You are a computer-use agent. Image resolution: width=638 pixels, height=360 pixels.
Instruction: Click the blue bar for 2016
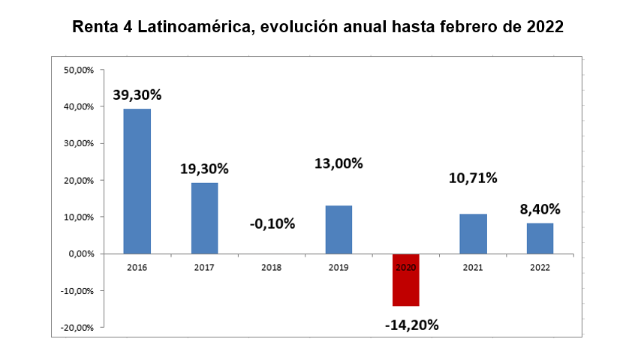[137, 181]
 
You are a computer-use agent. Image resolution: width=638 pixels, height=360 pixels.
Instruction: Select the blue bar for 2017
[204, 218]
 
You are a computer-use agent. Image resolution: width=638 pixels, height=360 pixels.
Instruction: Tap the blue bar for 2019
[339, 229]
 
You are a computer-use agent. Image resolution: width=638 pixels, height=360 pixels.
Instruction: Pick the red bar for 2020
[405, 280]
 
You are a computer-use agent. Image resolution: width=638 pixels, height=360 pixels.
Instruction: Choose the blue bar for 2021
[473, 234]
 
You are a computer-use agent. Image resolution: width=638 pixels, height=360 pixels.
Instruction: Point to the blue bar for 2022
[540, 238]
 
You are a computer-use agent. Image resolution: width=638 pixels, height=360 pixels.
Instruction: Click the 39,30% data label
[137, 95]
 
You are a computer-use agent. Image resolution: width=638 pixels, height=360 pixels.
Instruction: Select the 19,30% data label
[204, 169]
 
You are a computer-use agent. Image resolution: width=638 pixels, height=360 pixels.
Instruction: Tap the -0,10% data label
[271, 223]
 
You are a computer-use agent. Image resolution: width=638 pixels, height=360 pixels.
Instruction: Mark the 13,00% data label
[339, 163]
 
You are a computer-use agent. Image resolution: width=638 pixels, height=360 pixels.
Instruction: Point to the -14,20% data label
[411, 325]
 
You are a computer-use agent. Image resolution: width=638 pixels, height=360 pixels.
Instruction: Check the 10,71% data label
[473, 178]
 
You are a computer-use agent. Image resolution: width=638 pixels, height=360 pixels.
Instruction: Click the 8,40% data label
[540, 209]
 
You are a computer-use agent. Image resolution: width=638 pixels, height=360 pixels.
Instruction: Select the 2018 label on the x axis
[271, 267]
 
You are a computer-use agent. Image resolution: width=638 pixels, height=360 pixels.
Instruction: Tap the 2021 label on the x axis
[473, 267]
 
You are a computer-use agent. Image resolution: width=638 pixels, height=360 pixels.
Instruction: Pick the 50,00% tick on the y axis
[78, 70]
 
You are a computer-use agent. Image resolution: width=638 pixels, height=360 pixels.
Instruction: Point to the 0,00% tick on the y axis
[80, 254]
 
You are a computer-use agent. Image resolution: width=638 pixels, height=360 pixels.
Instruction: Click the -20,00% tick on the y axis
[77, 328]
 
